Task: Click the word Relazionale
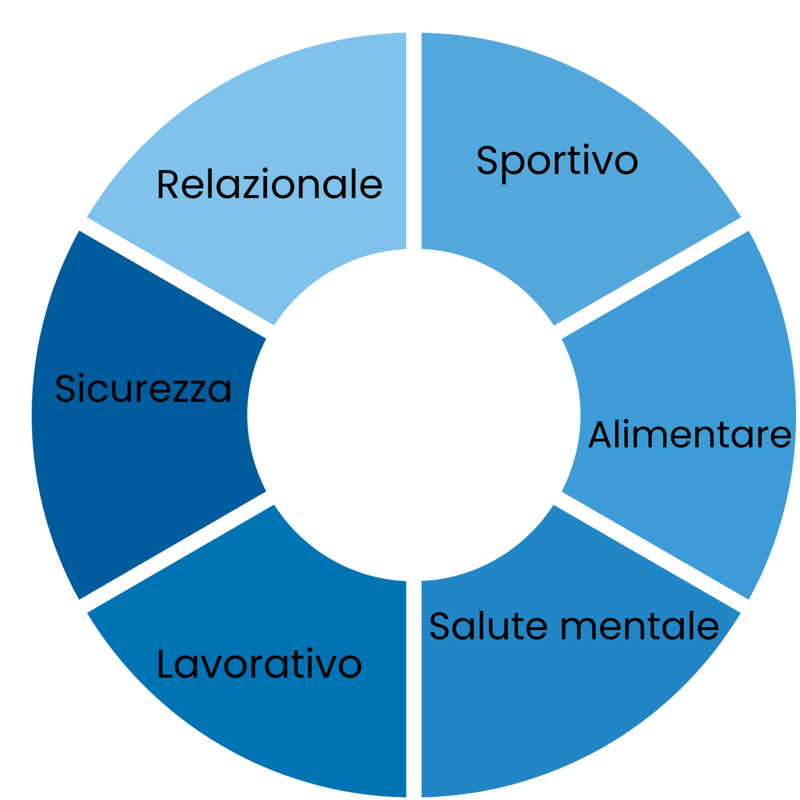pos(269,185)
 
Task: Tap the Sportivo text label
pos(557,161)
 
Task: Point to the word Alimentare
pos(690,435)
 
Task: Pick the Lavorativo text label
pos(259,665)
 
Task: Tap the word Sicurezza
pos(143,388)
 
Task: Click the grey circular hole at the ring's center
pos(414,414)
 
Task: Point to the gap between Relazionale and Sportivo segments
pos(414,139)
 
